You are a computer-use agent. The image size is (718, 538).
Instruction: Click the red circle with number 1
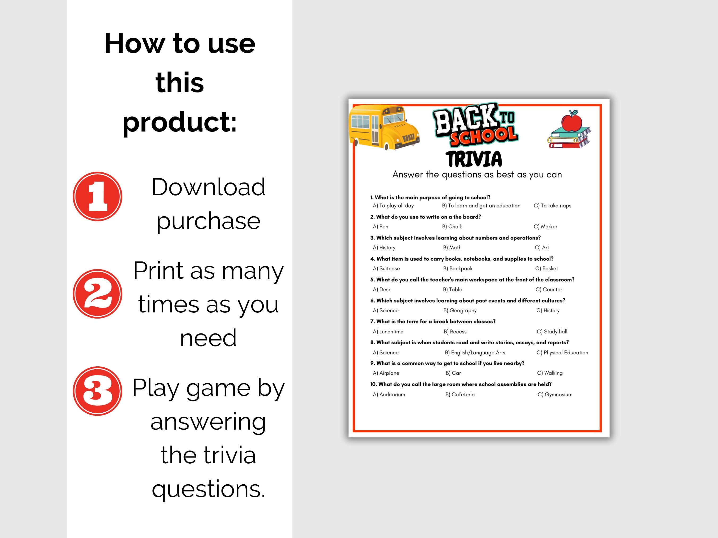coord(97,197)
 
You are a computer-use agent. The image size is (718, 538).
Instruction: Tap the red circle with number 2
coord(97,294)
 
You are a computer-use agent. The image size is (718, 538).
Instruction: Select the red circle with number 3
coord(97,391)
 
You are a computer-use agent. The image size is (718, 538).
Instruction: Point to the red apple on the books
coord(572,121)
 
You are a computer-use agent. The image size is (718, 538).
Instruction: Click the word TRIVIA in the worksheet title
coord(474,159)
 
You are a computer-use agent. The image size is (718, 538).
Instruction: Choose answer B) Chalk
coord(452,226)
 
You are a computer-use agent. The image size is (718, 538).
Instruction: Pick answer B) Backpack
coord(458,269)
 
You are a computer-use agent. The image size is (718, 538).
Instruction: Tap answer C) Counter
coord(549,289)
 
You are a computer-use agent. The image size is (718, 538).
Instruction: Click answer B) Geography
coord(460,310)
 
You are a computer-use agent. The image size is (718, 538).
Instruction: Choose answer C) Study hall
coord(552,331)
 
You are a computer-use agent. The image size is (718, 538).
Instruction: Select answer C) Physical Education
coord(562,353)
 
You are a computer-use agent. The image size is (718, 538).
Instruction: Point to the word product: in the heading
coord(179,122)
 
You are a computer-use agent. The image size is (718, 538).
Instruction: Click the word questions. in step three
coord(208,489)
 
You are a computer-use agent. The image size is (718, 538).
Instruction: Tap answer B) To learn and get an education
coord(481,206)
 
